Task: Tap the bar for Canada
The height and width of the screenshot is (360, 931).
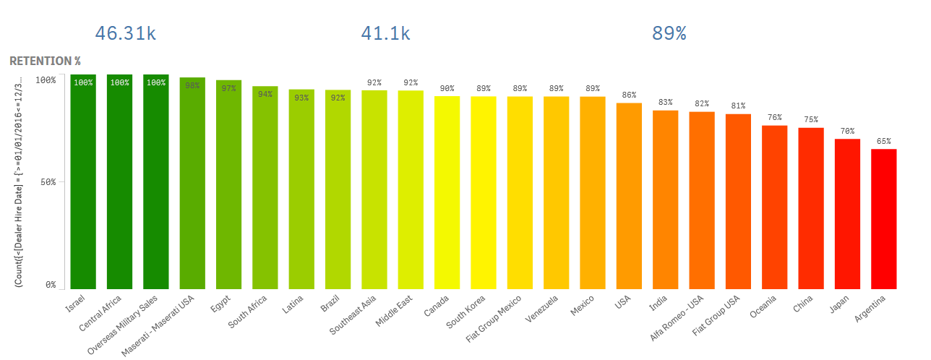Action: point(447,192)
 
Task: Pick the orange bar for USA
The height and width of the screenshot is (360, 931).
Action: point(629,195)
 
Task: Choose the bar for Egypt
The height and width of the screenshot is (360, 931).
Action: point(228,184)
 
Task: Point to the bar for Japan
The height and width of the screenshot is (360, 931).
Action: point(847,213)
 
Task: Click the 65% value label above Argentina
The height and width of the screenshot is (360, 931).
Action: point(883,142)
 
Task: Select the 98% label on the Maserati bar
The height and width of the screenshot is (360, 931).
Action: point(192,85)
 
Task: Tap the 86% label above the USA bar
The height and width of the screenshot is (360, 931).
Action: point(629,95)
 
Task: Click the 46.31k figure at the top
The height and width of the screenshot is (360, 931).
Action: point(126,33)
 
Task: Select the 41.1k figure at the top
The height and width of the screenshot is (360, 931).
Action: point(385,33)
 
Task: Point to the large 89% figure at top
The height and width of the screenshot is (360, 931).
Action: point(669,33)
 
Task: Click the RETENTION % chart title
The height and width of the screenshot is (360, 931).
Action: point(45,61)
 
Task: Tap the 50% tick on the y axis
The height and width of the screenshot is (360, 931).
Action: point(46,182)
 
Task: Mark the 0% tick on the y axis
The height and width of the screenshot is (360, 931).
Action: point(49,285)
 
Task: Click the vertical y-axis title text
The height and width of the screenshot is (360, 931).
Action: point(19,181)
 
